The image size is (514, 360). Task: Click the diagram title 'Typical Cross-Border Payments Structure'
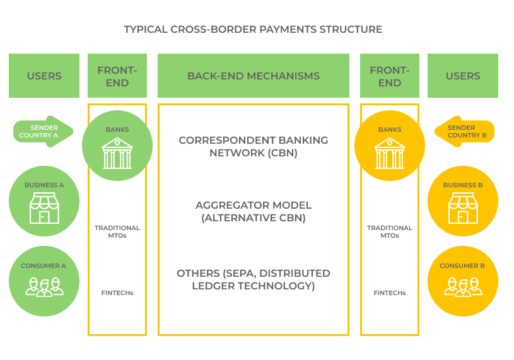[x=253, y=29]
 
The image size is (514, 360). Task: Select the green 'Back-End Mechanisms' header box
[x=253, y=76]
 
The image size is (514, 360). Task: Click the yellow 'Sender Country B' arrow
[x=464, y=131]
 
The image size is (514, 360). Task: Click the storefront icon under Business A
[x=44, y=208]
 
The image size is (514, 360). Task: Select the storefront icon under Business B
[x=463, y=208]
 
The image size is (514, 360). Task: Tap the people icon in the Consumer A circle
[x=44, y=286]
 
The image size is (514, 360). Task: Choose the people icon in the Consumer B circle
[x=463, y=286]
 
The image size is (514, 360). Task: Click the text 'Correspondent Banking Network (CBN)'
[x=253, y=146]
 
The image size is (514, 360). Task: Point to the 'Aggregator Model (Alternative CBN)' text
[x=253, y=212]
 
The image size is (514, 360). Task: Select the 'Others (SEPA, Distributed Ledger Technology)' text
[x=253, y=279]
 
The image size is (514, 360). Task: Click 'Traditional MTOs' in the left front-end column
[x=117, y=231]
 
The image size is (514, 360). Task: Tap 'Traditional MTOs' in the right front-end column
[x=389, y=231]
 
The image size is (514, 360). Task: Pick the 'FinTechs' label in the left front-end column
[x=117, y=293]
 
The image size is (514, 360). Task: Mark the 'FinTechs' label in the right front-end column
[x=389, y=293]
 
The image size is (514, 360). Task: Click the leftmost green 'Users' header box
[x=44, y=76]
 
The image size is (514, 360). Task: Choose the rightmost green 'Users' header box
[x=463, y=76]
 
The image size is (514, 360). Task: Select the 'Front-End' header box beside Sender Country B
[x=389, y=76]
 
